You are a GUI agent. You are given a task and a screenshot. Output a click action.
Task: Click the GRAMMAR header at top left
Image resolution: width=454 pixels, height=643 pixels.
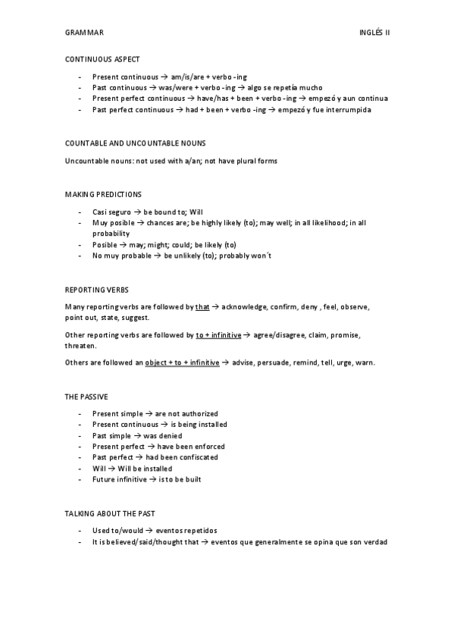click(85, 33)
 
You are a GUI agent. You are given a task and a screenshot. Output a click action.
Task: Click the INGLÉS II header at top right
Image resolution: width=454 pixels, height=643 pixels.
click(374, 33)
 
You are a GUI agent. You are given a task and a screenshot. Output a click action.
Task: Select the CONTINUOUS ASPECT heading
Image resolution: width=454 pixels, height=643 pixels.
click(102, 59)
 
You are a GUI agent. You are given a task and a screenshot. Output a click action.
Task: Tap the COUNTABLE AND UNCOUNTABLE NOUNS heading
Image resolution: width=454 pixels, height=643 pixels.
click(136, 143)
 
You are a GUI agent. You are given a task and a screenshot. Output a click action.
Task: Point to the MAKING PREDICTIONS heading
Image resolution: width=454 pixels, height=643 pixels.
click(103, 195)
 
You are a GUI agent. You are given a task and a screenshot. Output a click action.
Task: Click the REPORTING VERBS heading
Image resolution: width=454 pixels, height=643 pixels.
click(97, 289)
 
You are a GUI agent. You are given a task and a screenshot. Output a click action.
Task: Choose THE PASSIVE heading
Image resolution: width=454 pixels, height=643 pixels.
click(86, 397)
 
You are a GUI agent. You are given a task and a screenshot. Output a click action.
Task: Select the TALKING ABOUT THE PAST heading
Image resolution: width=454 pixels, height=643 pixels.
click(110, 513)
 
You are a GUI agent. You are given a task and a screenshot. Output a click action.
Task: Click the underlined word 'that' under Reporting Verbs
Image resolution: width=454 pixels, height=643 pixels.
click(202, 307)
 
